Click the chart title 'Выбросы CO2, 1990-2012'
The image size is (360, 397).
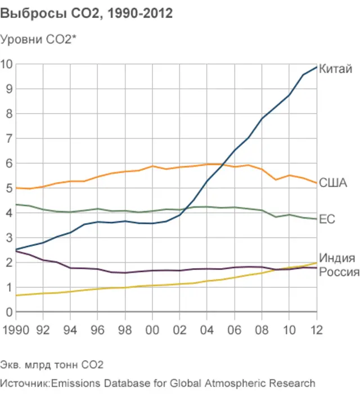tap(86, 14)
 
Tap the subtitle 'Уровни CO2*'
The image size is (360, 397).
tap(39, 39)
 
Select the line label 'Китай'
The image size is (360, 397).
tap(335, 70)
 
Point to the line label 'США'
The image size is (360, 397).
tap(333, 183)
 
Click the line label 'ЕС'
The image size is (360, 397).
tap(327, 219)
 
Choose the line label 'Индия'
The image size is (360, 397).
tap(337, 258)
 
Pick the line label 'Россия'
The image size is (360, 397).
tap(339, 272)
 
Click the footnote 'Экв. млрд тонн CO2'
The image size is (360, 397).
tap(52, 365)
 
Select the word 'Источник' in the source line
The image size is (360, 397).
tap(24, 384)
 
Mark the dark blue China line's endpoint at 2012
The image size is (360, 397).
tap(317, 67)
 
